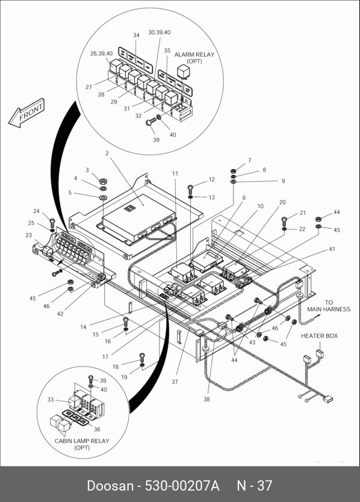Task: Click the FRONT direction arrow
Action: pos(26,113)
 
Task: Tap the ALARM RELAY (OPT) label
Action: pos(194,58)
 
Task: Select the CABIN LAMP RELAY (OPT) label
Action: pos(82,444)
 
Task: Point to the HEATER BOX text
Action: pos(319,336)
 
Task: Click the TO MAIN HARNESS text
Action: pos(329,306)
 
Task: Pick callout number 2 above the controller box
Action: pos(107,153)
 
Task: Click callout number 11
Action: pos(175,173)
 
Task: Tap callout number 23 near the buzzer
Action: pos(29,235)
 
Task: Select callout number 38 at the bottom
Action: pos(207,399)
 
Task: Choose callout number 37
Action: pos(175,382)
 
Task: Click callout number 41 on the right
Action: pos(332,249)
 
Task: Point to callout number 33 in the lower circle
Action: pos(51,400)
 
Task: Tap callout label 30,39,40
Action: pos(159,33)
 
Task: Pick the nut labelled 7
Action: pos(234,170)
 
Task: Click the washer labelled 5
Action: pos(103,197)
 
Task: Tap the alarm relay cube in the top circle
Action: pos(183,72)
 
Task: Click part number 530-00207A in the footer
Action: pos(182,486)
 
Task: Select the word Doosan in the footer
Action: pos(110,486)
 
